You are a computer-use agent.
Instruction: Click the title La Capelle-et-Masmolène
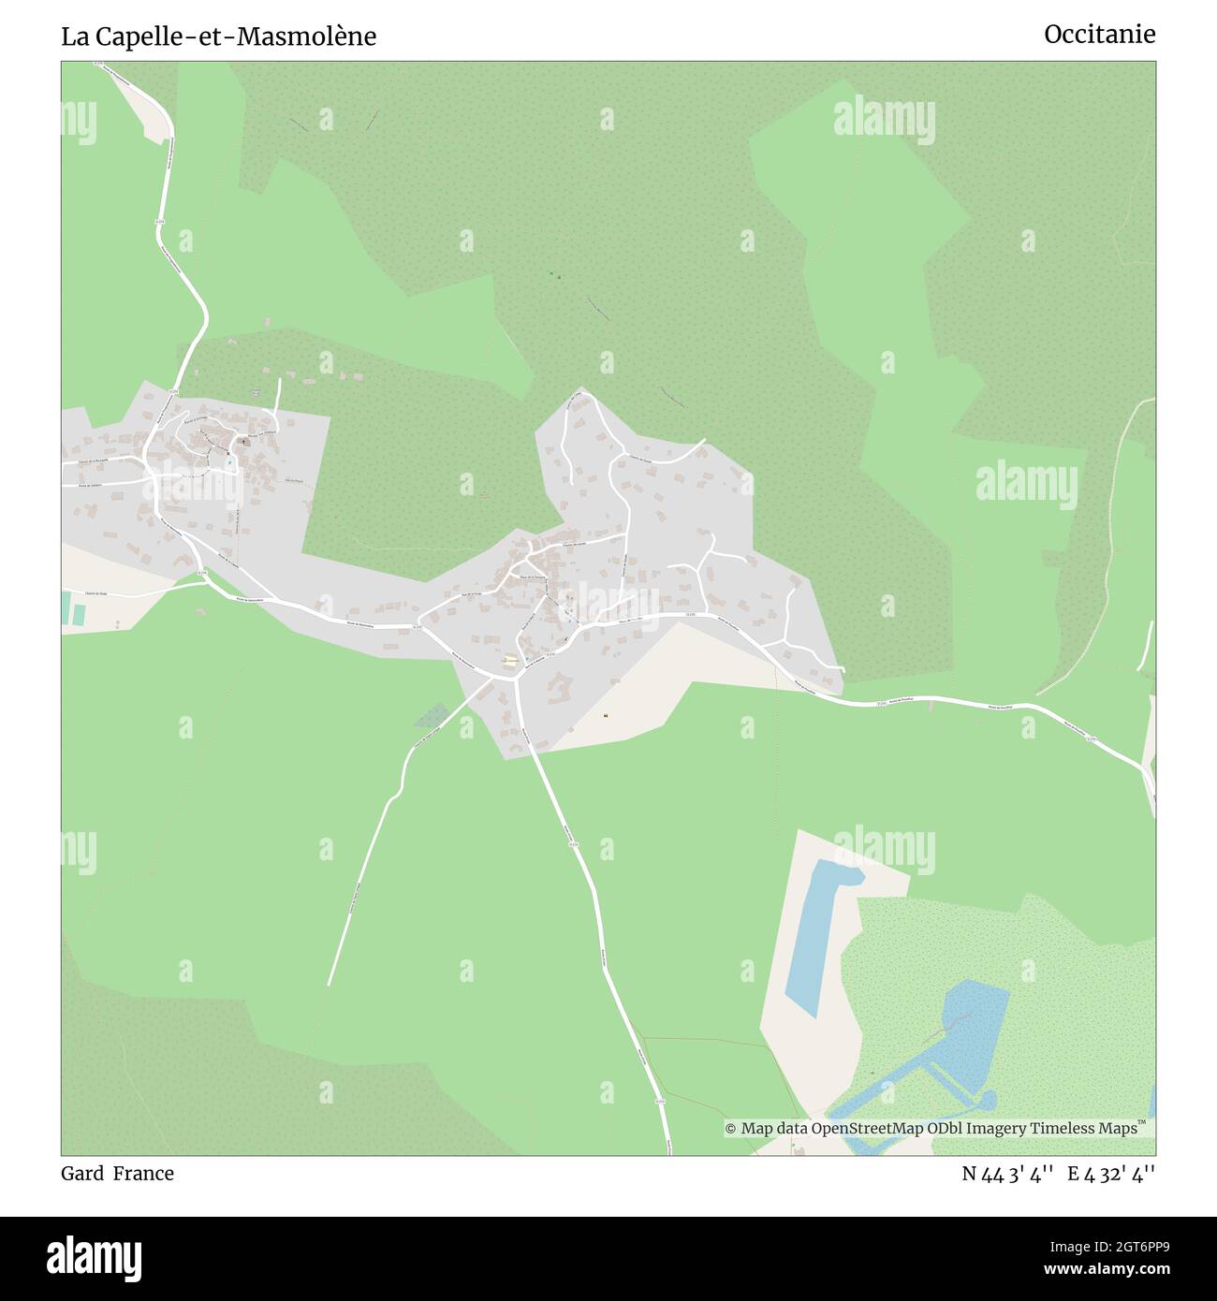[219, 37]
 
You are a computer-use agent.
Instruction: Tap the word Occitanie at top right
[1099, 35]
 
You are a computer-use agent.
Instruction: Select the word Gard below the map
[82, 1173]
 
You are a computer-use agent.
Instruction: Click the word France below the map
[143, 1173]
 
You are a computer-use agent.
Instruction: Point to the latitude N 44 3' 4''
[1008, 1174]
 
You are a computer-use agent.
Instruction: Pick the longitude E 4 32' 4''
[1112, 1174]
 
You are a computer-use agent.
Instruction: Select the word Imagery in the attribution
[993, 1129]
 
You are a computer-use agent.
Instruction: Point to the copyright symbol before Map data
[730, 1129]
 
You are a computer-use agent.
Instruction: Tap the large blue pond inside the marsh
[974, 1020]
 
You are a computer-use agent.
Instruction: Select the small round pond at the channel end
[986, 1098]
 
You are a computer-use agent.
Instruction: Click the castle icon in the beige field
[607, 716]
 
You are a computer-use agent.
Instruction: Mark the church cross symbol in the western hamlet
[246, 439]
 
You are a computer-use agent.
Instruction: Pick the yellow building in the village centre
[509, 660]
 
